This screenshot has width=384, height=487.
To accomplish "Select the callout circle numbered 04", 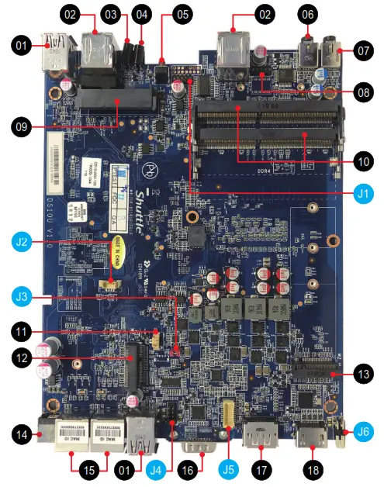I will click(x=141, y=14).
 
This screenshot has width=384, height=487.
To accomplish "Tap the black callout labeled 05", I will click(x=182, y=14).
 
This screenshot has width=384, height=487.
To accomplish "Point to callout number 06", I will click(x=308, y=14).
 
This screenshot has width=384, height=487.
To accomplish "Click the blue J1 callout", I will click(x=362, y=192).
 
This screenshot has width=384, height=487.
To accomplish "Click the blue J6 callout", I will click(x=363, y=429).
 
